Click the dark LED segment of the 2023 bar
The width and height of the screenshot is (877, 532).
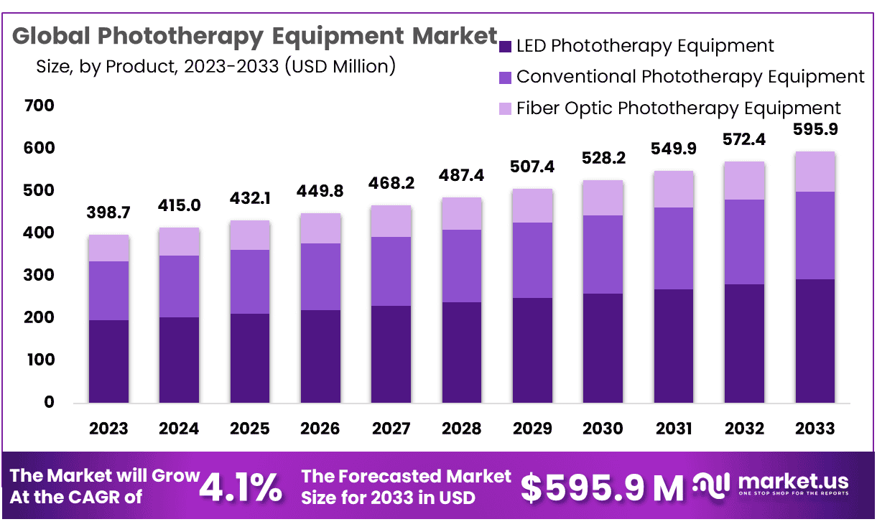108,361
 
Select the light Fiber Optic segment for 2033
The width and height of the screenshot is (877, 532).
815,172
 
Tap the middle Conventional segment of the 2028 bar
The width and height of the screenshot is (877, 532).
461,266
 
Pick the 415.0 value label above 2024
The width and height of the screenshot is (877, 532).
179,205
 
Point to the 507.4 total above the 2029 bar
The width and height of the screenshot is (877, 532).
532,167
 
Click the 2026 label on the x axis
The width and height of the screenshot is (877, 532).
320,429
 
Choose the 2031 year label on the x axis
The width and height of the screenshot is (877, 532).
673,429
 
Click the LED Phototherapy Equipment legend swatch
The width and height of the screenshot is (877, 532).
505,47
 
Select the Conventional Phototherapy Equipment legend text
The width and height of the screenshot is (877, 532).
690,76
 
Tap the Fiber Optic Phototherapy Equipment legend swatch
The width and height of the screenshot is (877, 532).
505,108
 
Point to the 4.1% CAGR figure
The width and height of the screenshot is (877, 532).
240,487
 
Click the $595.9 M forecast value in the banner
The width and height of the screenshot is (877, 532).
602,487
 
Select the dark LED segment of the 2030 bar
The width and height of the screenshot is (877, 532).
603,347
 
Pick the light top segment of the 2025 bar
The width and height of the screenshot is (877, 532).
249,235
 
